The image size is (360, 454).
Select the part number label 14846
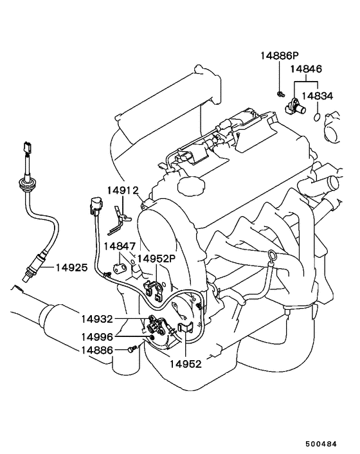coord(306,69)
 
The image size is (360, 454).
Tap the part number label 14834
coord(318,96)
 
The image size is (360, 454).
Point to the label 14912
coord(123,190)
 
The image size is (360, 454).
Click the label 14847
coord(120,246)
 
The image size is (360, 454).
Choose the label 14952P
coord(157,259)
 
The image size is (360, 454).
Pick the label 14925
coord(71,268)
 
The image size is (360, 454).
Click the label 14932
coord(97,319)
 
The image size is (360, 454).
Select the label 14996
coord(97,337)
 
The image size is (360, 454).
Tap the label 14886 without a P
coord(97,350)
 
